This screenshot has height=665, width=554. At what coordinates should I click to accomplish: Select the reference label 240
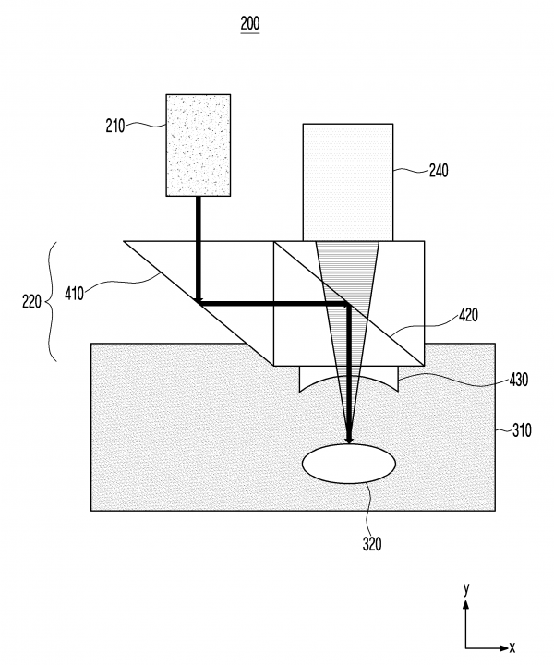click(x=440, y=170)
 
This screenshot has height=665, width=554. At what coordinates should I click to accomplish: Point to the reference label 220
click(x=31, y=300)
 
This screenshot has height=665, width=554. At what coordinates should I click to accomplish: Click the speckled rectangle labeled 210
click(x=198, y=144)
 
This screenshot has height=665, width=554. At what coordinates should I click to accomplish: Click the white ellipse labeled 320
click(x=349, y=463)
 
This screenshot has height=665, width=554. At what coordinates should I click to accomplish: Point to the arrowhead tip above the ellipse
click(x=349, y=442)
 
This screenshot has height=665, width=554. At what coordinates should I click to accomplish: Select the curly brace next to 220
click(x=54, y=300)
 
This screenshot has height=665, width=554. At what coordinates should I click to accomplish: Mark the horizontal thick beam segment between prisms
click(x=272, y=302)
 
